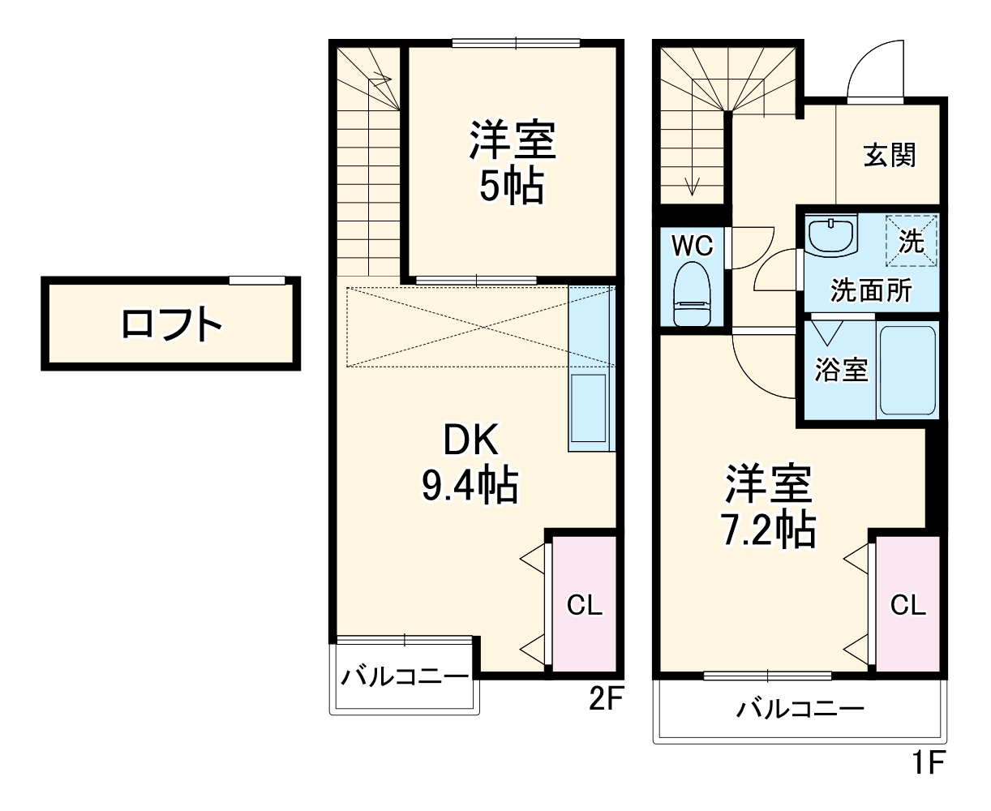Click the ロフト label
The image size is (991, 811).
pyautogui.click(x=171, y=324)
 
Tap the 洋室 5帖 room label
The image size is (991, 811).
pyautogui.click(x=512, y=162)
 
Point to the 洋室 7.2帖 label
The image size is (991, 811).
pyautogui.click(x=768, y=506)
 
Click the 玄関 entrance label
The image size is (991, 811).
pyautogui.click(x=890, y=155)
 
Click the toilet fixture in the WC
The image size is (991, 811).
pyautogui.click(x=693, y=293)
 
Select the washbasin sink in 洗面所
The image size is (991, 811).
pyautogui.click(x=831, y=236)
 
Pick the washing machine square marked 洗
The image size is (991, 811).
pyautogui.click(x=912, y=240)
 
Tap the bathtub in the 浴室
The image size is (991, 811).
pyautogui.click(x=908, y=370)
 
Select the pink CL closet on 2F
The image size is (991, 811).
pyautogui.click(x=585, y=604)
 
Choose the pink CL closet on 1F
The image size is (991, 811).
pyautogui.click(x=908, y=604)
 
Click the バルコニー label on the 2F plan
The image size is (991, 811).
pyautogui.click(x=404, y=676)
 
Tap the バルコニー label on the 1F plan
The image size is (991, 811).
pyautogui.click(x=800, y=710)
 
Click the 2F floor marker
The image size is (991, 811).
pyautogui.click(x=605, y=699)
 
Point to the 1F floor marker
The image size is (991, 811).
pyautogui.click(x=928, y=762)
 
